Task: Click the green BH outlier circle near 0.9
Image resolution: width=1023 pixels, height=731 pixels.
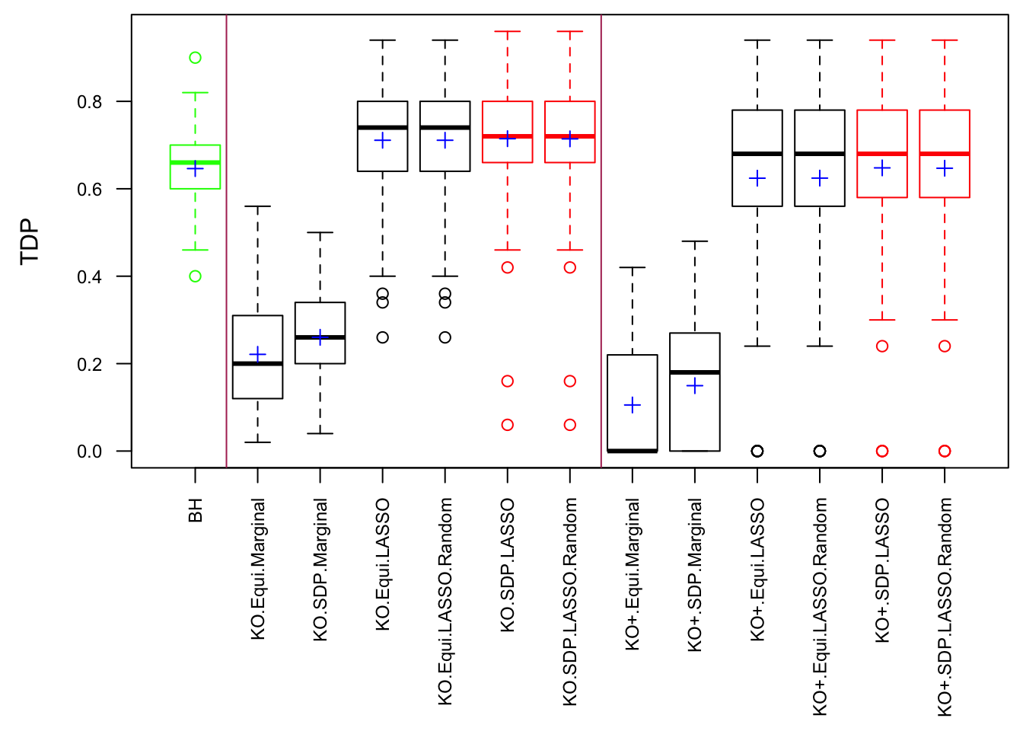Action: (x=196, y=58)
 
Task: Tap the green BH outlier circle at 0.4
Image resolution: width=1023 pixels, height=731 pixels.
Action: (x=196, y=276)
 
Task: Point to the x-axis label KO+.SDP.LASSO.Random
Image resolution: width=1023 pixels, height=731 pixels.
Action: (x=945, y=607)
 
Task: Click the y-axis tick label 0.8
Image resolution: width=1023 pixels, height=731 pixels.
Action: (x=90, y=102)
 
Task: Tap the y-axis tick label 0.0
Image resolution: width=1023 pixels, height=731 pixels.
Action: (x=90, y=452)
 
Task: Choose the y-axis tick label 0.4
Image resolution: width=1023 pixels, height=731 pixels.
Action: (x=90, y=277)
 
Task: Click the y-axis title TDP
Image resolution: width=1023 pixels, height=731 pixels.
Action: (x=30, y=241)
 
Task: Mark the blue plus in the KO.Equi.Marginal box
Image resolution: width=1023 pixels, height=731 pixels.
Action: (x=258, y=355)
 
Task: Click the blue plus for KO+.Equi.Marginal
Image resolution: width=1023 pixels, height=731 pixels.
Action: (x=633, y=405)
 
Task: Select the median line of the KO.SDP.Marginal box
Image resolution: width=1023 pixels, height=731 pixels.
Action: (x=320, y=337)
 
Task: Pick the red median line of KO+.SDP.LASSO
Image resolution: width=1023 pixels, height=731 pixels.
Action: (x=882, y=154)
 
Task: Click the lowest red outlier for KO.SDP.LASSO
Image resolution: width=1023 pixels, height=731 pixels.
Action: (x=508, y=425)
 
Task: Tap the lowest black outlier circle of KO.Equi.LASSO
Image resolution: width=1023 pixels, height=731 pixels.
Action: (x=383, y=337)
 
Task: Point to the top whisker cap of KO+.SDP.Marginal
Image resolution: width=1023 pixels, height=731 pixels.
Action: (x=695, y=241)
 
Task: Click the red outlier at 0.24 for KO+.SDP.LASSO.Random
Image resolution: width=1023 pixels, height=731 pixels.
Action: (x=945, y=346)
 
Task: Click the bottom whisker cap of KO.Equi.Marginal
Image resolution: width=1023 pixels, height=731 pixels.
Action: (x=258, y=442)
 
